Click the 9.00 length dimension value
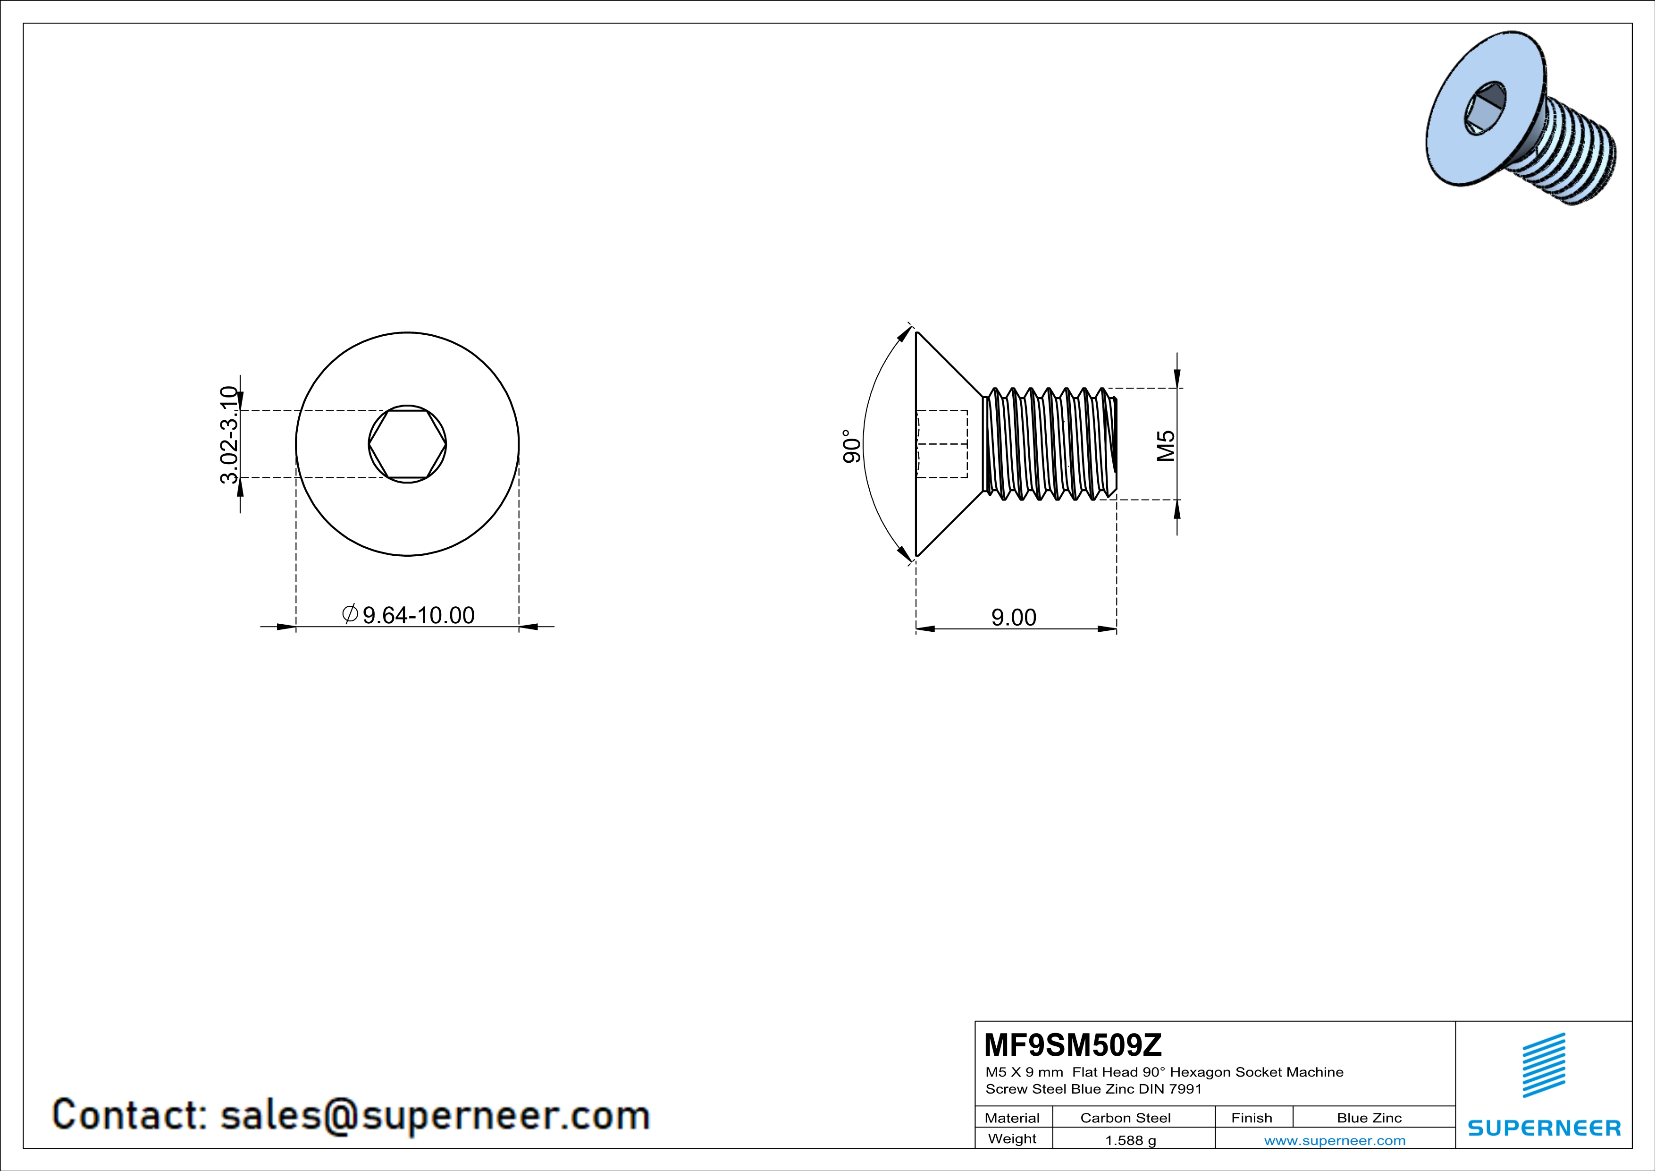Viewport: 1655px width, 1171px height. tap(1014, 617)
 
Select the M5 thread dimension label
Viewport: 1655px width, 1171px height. tap(1166, 446)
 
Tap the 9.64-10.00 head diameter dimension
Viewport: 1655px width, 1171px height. tap(418, 615)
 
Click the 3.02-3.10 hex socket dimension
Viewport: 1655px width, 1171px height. tap(229, 435)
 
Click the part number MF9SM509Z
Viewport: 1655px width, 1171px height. tap(1073, 1044)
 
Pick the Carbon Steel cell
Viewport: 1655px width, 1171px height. tap(1125, 1118)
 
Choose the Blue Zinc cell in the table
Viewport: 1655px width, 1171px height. tap(1369, 1118)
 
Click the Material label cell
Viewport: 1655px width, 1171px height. tap(1012, 1118)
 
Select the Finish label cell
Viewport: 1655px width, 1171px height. tap(1252, 1118)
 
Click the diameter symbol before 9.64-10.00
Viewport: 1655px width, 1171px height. tap(350, 614)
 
